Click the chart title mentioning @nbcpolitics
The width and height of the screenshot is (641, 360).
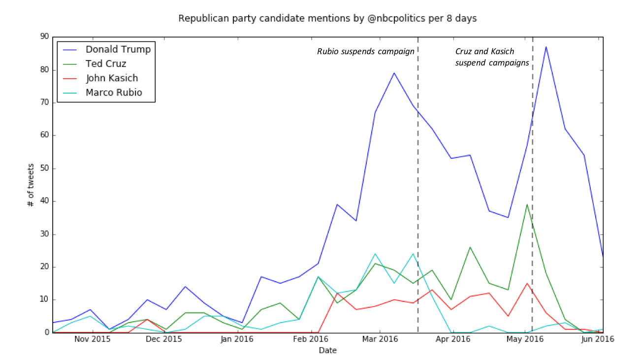click(327, 19)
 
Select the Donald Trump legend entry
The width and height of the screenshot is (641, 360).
click(118, 49)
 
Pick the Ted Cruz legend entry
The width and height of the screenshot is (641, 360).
click(106, 64)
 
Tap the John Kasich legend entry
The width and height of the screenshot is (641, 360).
click(112, 78)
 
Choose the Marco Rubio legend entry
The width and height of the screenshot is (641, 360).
click(114, 93)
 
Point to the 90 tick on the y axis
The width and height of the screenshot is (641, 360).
click(44, 37)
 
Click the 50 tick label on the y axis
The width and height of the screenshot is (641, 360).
click(44, 168)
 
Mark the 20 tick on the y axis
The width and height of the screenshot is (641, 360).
click(44, 267)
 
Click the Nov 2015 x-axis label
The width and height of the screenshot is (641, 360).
click(92, 339)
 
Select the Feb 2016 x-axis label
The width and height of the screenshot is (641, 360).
click(311, 339)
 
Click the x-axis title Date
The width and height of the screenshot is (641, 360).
click(327, 350)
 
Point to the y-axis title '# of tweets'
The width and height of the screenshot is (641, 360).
click(31, 185)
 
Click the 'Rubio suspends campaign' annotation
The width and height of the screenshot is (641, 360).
click(366, 51)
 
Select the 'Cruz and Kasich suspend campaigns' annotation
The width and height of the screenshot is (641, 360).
click(492, 57)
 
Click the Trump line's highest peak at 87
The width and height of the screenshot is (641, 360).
click(546, 47)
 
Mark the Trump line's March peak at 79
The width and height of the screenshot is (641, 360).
click(394, 73)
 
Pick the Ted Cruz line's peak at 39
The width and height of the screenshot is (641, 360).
click(527, 204)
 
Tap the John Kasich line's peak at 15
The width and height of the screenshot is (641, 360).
click(527, 283)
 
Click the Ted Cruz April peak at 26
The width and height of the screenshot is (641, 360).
click(470, 247)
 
